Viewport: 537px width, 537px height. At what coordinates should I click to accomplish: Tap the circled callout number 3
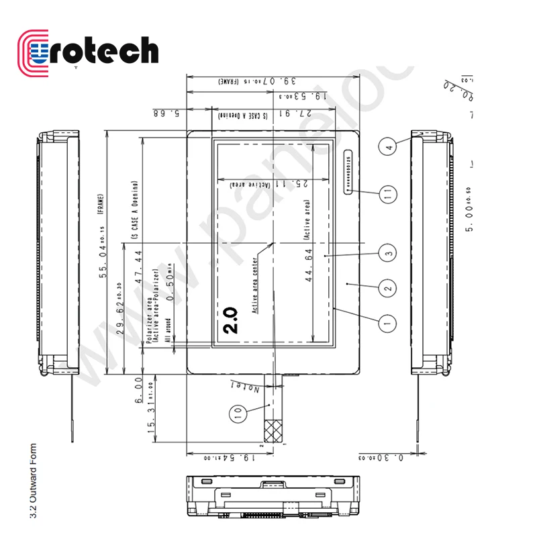[x=387, y=253]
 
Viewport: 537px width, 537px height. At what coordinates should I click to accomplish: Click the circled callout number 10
[x=236, y=415]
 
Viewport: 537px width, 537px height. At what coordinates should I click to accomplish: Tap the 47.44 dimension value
[x=140, y=268]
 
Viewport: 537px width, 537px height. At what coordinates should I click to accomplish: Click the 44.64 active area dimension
[x=309, y=269]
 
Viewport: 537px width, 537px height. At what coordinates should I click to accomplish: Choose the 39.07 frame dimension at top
[x=268, y=81]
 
